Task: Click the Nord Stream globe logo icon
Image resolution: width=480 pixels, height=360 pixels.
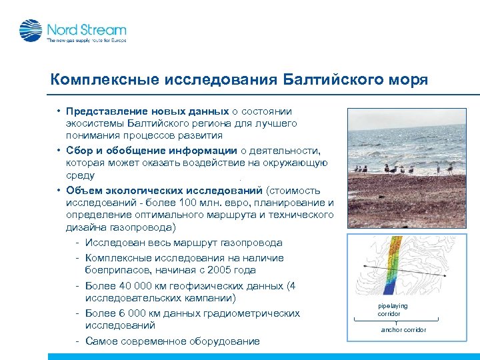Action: [x=30, y=31]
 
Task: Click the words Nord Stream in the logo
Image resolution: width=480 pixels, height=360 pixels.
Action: [x=86, y=29]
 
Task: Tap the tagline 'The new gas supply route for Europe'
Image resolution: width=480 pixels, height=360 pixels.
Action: [x=85, y=41]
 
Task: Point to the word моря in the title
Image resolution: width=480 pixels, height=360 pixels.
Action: [x=408, y=81]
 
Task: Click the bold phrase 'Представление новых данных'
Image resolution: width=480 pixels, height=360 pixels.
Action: [x=147, y=111]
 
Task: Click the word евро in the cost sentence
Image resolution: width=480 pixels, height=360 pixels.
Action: [x=254, y=203]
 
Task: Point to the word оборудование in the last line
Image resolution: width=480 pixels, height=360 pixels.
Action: [x=216, y=341]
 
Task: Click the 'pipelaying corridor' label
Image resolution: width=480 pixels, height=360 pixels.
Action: [x=392, y=309]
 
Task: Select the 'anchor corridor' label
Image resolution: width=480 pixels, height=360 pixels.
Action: [x=403, y=330]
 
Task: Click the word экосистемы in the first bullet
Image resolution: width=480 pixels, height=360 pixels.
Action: [x=94, y=124]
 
